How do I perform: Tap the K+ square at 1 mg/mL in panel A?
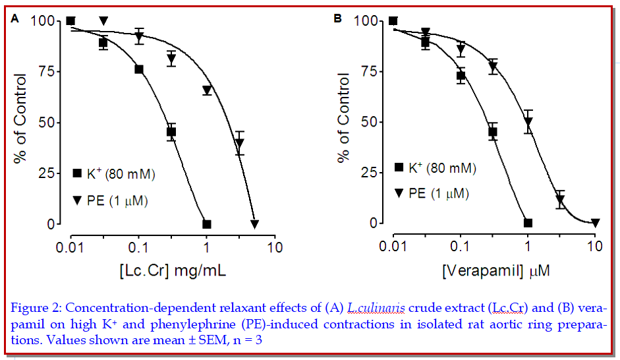(206, 224)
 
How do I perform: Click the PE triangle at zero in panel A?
(254, 224)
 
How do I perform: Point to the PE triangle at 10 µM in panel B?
(595, 223)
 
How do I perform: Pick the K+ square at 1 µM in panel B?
(528, 223)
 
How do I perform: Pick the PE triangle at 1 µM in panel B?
(528, 122)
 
